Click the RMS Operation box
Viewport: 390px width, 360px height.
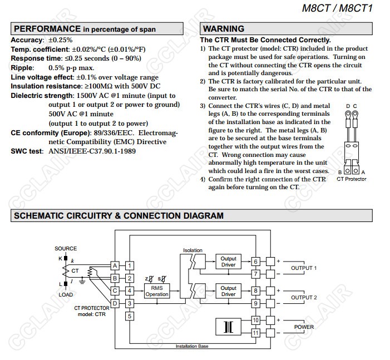(x=156, y=291)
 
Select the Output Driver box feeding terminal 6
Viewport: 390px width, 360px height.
(x=228, y=262)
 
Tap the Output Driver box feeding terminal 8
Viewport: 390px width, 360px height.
(x=228, y=291)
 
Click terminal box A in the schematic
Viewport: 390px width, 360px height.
(x=115, y=265)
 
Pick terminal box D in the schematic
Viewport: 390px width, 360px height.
(x=115, y=303)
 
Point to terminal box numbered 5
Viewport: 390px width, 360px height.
(x=130, y=316)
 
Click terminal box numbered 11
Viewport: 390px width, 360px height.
(x=256, y=333)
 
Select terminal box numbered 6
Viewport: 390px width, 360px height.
(x=256, y=262)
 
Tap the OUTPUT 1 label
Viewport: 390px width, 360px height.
(x=304, y=268)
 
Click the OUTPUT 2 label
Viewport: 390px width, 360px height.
(x=304, y=298)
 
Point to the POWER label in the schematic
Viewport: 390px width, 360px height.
(x=304, y=327)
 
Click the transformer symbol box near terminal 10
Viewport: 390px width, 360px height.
(x=228, y=327)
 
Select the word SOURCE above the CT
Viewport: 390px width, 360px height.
(x=66, y=249)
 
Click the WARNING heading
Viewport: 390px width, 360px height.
(x=223, y=29)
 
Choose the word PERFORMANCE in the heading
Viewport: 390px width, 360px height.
(x=47, y=29)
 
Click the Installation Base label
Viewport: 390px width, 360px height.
(x=192, y=346)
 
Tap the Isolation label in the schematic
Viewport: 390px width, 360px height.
(x=192, y=250)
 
